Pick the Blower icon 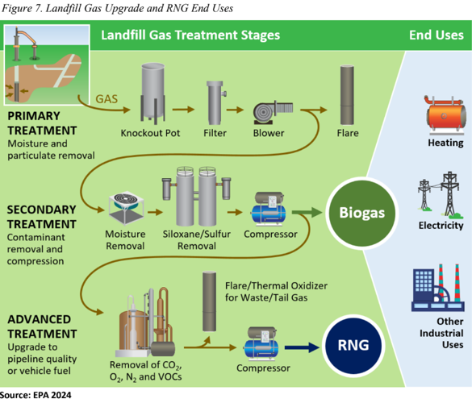point(269,110)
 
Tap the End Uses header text point(436,35)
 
